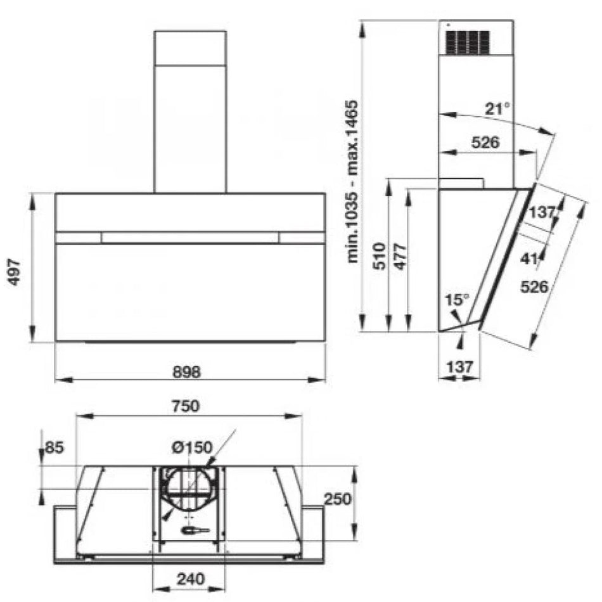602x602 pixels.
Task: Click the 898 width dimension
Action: pyautogui.click(x=186, y=371)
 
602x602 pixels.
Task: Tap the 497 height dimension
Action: pyautogui.click(x=15, y=272)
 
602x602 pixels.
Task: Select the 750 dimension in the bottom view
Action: pyautogui.click(x=186, y=406)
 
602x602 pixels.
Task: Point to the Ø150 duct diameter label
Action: pyautogui.click(x=192, y=447)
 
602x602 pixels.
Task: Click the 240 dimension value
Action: pyautogui.click(x=191, y=579)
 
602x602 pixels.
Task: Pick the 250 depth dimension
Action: pyautogui.click(x=338, y=499)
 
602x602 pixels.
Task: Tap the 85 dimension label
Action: pyautogui.click(x=54, y=447)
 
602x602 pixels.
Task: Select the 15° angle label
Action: pyautogui.click(x=457, y=300)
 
